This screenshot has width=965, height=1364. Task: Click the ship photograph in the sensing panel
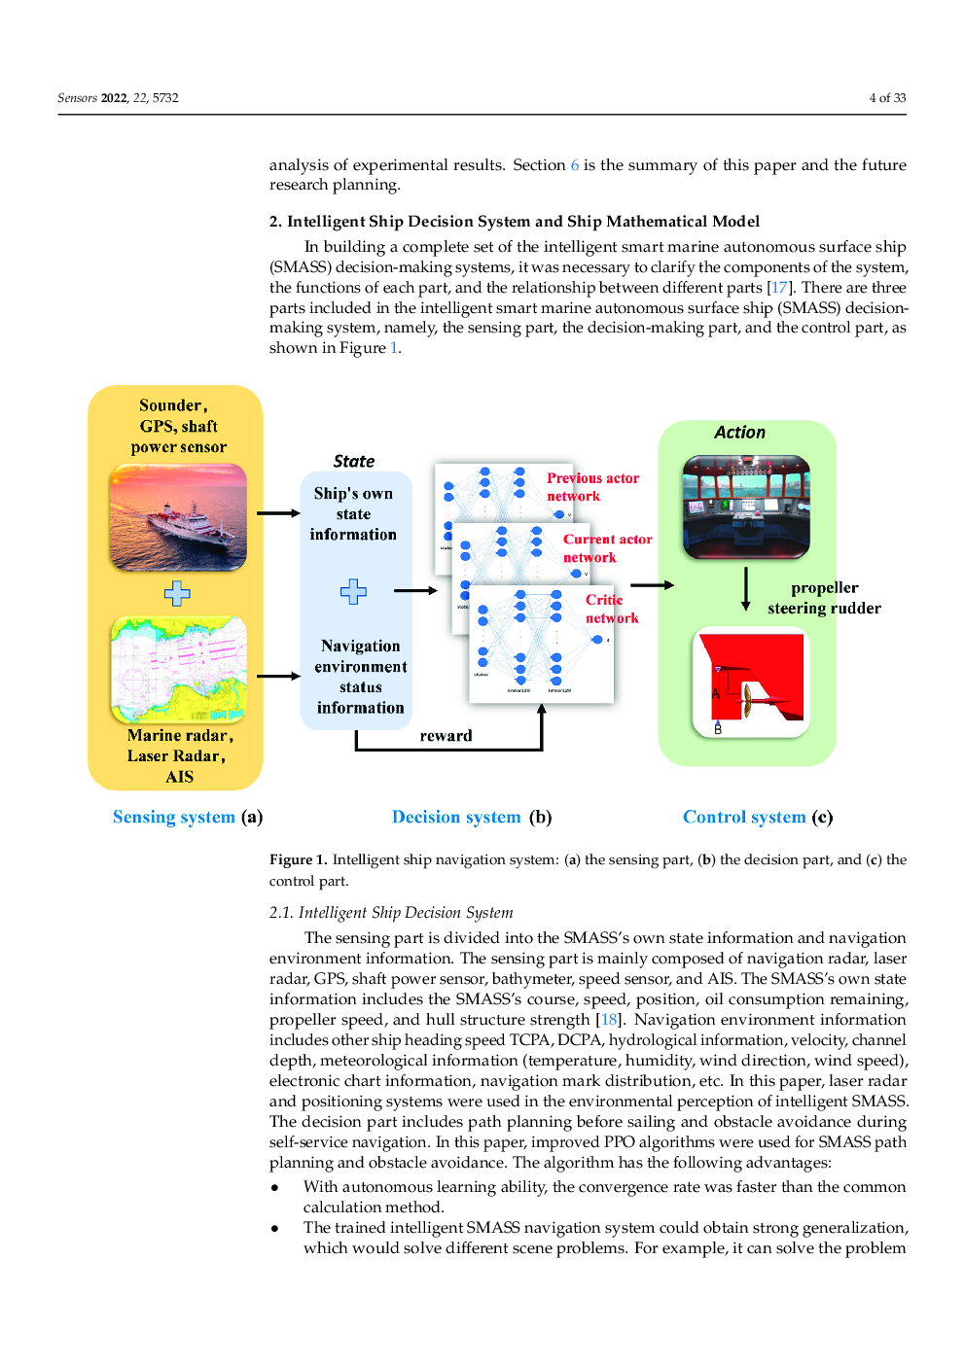178,516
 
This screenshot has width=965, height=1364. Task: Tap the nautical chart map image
179,670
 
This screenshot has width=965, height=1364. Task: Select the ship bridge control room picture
746,507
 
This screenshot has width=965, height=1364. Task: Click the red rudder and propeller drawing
751,682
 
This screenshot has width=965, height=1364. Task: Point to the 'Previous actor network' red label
592,487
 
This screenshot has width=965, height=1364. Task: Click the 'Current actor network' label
607,548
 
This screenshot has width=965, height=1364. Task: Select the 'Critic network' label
611,609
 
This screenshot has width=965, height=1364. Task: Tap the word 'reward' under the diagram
446,736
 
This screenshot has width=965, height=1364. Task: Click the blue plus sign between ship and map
177,593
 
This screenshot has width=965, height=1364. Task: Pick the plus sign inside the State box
353,591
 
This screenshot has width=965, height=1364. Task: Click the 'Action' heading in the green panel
739,433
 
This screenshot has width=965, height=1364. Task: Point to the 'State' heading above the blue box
353,462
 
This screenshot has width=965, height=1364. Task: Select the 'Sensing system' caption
174,818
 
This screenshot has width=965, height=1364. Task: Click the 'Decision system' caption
456,818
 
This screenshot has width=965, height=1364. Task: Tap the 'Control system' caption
744,818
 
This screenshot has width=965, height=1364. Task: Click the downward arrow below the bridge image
746,588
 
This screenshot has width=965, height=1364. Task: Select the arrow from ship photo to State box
278,513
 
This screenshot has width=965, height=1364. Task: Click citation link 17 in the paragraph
779,288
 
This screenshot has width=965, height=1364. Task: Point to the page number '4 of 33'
887,98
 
